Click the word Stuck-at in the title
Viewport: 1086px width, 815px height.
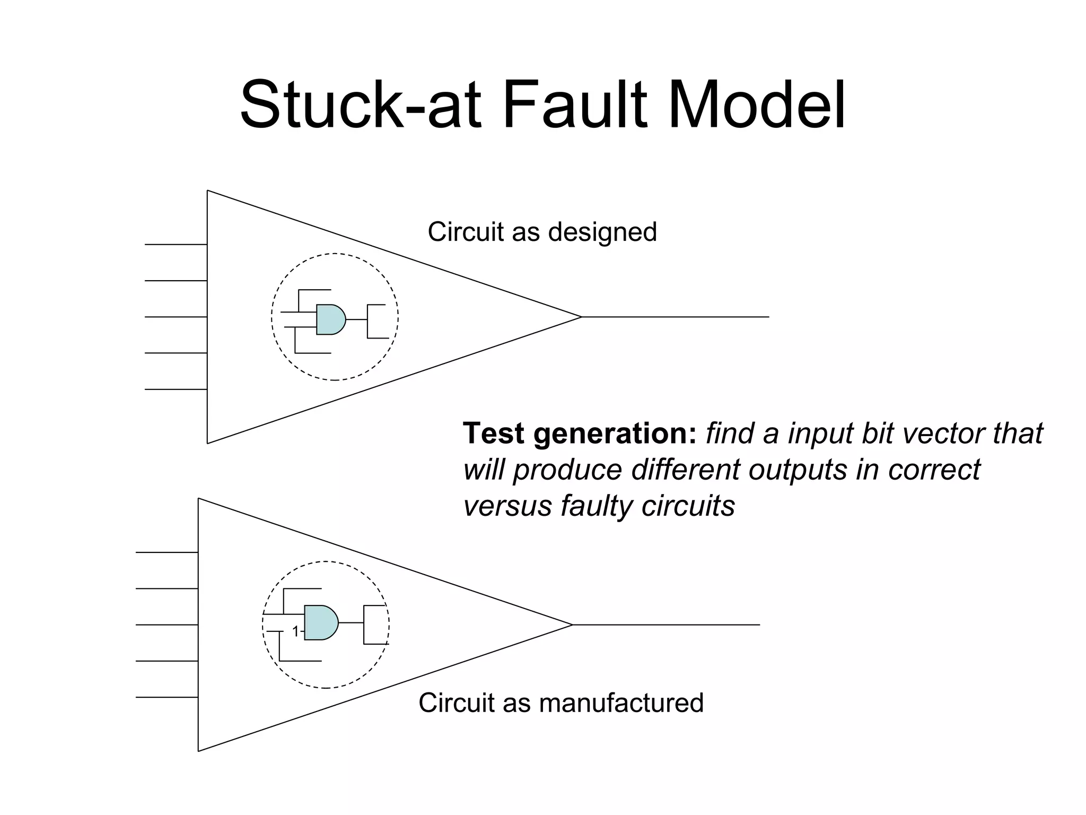361,105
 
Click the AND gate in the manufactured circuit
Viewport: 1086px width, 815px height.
320,622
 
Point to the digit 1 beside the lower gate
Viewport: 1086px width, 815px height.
296,631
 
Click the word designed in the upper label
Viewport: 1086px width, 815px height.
602,232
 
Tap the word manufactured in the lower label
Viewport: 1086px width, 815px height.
621,703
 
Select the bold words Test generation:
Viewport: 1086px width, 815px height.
580,433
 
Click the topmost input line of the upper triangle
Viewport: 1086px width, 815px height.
176,245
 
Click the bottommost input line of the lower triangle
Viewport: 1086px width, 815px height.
167,697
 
